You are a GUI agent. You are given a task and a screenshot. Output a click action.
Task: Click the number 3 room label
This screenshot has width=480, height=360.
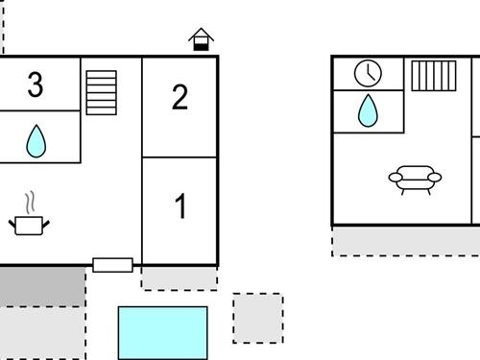click(36, 85)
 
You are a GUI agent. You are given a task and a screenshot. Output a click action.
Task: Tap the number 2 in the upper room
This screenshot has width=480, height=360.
click(180, 98)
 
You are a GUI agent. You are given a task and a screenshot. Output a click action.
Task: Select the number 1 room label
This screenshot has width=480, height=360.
click(180, 206)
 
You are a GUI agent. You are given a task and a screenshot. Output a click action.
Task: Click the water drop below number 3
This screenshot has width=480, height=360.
click(36, 141)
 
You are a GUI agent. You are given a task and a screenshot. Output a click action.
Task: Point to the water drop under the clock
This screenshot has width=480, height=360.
click(368, 110)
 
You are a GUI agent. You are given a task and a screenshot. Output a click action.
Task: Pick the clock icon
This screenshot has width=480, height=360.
click(368, 74)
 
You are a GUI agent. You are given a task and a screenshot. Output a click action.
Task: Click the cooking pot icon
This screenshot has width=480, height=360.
click(30, 225)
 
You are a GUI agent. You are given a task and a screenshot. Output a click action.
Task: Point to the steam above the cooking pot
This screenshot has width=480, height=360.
click(32, 202)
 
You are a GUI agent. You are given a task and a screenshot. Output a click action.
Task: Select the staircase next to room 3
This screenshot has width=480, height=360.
click(101, 92)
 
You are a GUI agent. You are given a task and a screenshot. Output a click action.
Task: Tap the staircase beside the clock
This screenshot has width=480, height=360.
click(434, 76)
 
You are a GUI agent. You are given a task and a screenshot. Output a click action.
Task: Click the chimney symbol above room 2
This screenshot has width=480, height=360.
click(201, 39)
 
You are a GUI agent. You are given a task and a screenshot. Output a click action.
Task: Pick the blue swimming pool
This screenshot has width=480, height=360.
click(162, 332)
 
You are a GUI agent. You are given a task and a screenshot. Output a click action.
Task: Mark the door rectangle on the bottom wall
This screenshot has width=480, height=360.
click(112, 265)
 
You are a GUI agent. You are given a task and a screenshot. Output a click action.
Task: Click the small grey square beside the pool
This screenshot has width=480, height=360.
click(257, 319)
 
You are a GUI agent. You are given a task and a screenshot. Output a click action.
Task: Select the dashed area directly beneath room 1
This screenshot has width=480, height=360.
click(179, 277)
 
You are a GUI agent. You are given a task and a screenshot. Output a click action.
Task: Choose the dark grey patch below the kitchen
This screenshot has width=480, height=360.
click(41, 286)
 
